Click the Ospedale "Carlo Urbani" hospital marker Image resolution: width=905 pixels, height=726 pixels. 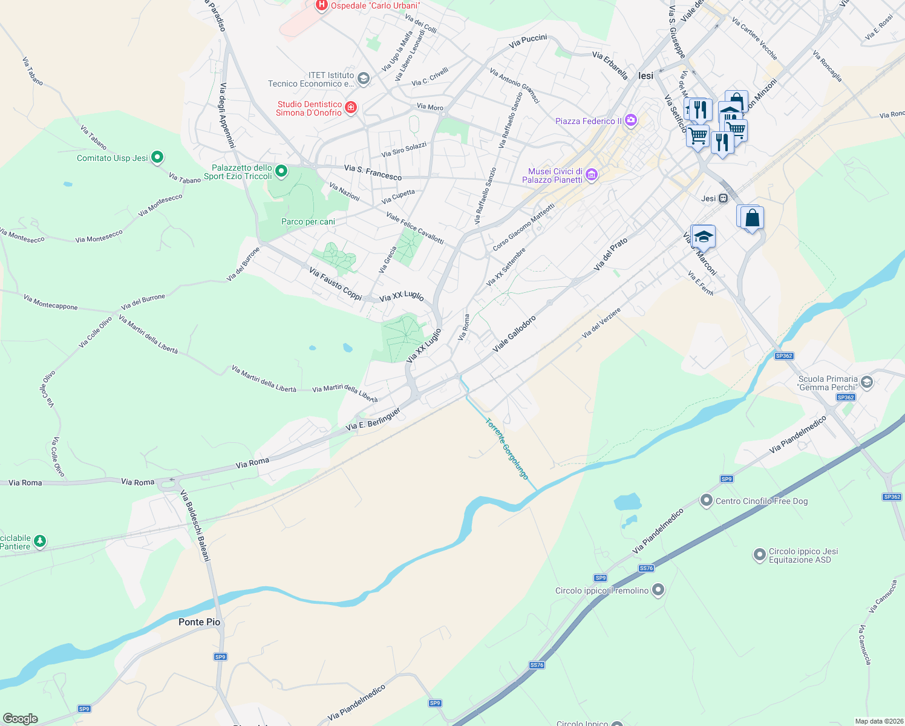(x=321, y=5)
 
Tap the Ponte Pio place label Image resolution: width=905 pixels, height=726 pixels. (x=199, y=622)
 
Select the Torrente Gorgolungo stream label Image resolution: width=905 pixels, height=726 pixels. (x=508, y=449)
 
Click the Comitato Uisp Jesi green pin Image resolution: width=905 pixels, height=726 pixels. (x=157, y=158)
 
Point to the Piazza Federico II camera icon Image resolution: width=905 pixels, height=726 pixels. (x=631, y=120)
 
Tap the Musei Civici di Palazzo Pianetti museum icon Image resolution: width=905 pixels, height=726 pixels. (x=592, y=175)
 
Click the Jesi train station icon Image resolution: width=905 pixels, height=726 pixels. (x=723, y=198)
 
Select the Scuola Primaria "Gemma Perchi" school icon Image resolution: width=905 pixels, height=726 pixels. (x=867, y=382)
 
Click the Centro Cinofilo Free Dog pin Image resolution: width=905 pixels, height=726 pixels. (x=706, y=500)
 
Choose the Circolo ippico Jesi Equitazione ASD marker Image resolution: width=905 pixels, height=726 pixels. (x=759, y=555)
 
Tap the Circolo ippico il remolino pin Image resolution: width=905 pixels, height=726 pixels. (x=658, y=590)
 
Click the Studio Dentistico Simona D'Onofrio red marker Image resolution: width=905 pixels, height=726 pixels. (x=350, y=108)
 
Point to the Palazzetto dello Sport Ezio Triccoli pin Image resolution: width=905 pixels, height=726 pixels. (x=281, y=172)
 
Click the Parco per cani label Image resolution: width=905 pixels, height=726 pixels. (x=308, y=221)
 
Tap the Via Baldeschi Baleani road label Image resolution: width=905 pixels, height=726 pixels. (x=195, y=526)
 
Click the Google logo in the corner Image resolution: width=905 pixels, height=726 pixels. (x=20, y=718)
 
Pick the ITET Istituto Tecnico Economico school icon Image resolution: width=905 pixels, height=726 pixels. (x=363, y=79)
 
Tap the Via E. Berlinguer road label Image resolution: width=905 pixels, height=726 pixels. (x=373, y=419)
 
